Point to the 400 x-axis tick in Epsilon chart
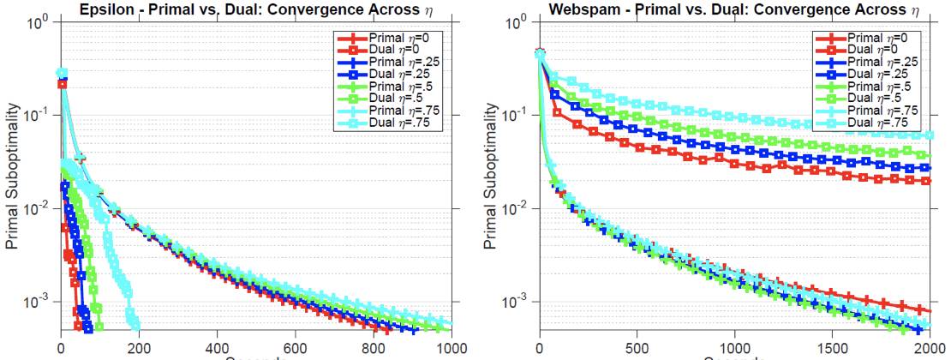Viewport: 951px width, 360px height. click(x=218, y=348)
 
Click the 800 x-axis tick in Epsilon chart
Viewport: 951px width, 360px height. click(x=374, y=348)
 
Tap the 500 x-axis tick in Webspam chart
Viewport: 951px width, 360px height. click(x=637, y=348)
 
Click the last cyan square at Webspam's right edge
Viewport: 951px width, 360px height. click(x=930, y=135)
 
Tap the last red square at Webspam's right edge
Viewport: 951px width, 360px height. click(x=930, y=181)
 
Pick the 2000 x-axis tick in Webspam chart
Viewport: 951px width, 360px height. click(x=930, y=348)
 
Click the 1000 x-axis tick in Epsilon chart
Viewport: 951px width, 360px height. click(x=452, y=348)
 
